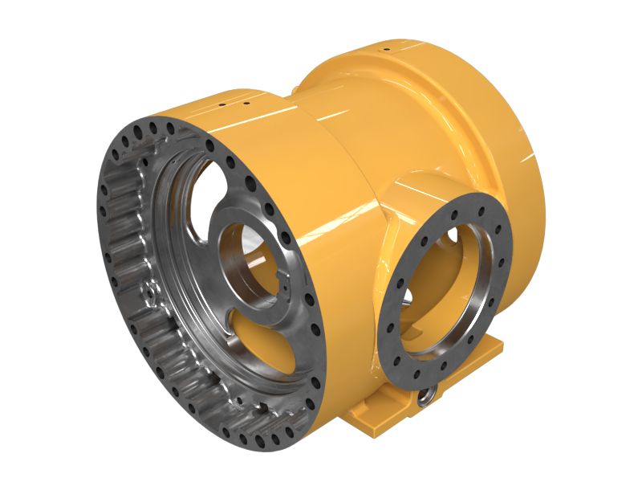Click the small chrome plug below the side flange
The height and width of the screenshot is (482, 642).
coord(425,394)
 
